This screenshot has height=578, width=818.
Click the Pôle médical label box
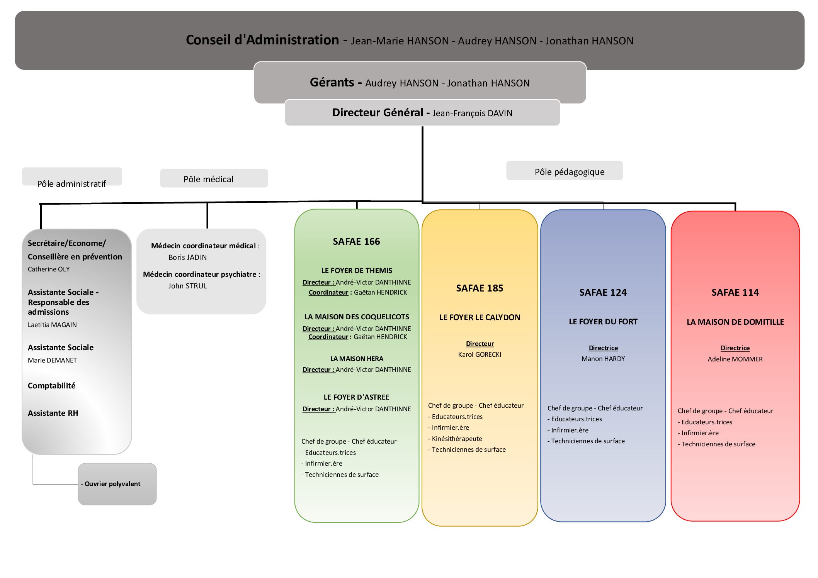point(214,178)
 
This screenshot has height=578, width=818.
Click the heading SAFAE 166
point(356,241)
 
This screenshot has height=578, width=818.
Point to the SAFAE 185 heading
point(480,288)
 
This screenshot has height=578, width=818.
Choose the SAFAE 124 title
point(603,292)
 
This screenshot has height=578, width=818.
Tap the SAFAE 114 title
point(735,292)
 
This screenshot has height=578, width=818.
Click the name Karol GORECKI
point(480,354)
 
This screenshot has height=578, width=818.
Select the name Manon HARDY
point(603,359)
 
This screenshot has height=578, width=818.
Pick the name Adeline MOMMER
point(735,359)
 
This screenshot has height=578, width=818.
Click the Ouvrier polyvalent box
point(117,484)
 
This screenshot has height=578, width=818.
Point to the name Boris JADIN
point(187,257)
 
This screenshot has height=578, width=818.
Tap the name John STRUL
point(187,286)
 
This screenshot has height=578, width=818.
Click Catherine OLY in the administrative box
point(49,269)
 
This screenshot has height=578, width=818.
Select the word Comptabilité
point(51,385)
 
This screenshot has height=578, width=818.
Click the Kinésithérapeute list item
point(457,439)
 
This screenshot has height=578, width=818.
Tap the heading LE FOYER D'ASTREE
point(356,397)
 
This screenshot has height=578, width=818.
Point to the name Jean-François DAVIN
point(472,113)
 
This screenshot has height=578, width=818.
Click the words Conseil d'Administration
point(262,40)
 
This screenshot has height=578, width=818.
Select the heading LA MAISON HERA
point(356,359)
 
